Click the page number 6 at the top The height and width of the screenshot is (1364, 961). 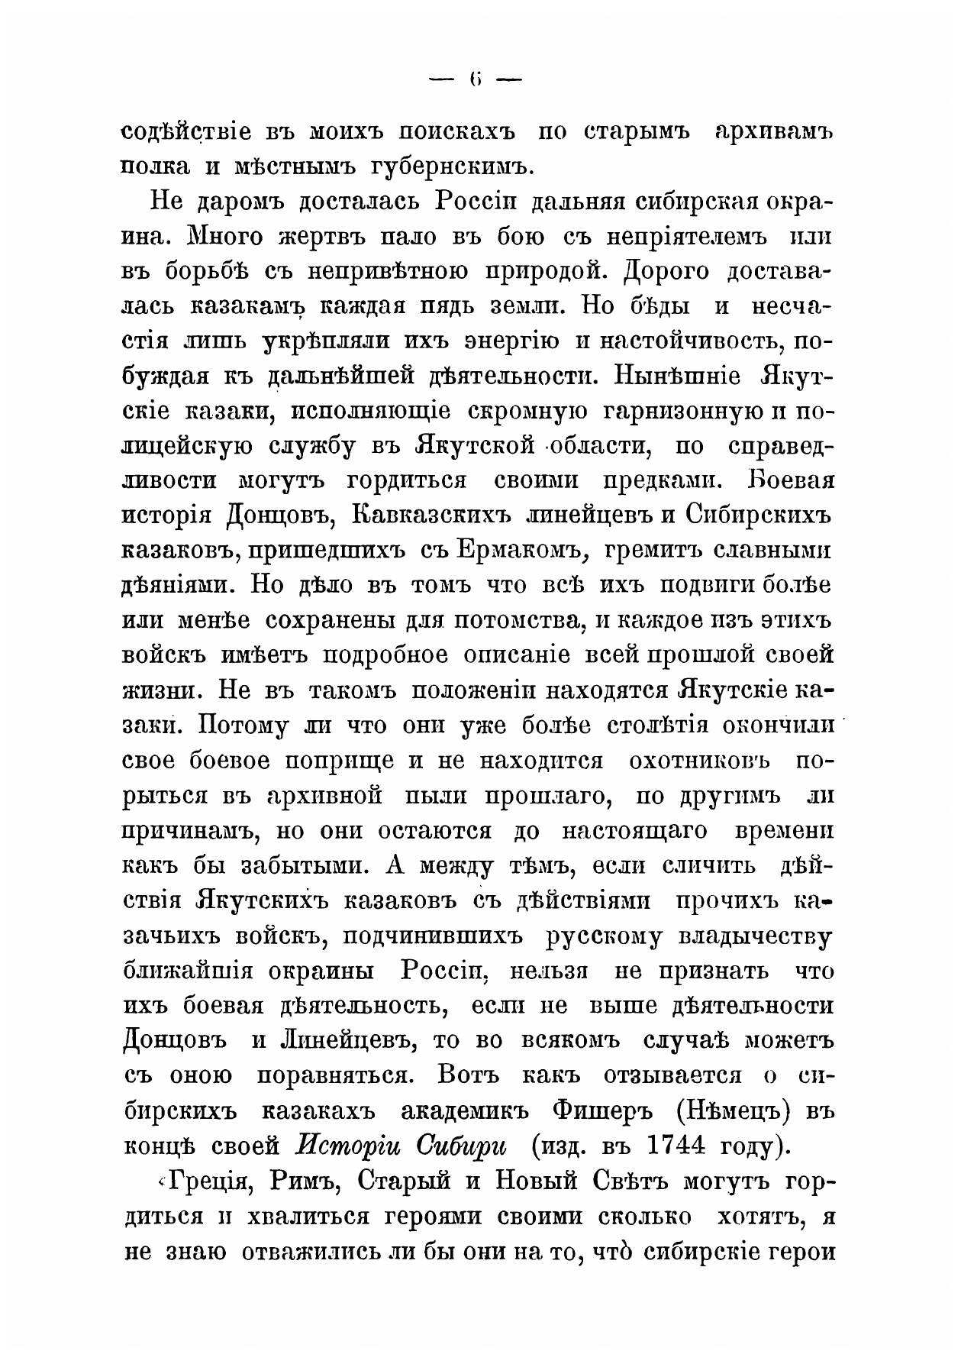[x=476, y=79]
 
